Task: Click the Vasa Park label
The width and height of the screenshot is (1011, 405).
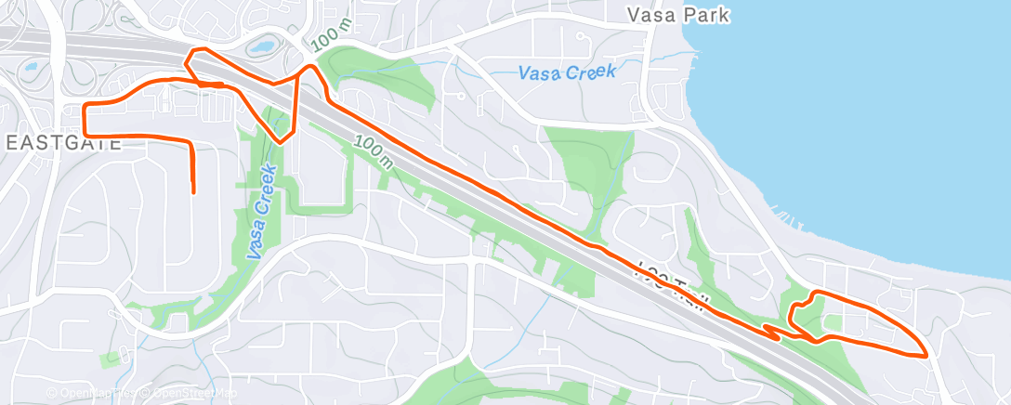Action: (x=677, y=15)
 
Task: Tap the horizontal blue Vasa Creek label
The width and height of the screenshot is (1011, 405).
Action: (x=566, y=72)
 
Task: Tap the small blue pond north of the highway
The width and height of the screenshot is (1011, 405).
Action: (x=262, y=45)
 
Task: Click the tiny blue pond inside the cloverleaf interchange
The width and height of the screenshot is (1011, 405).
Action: (x=31, y=68)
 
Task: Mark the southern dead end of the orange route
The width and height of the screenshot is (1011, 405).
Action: (x=193, y=192)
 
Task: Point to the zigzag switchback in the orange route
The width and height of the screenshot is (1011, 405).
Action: (x=772, y=331)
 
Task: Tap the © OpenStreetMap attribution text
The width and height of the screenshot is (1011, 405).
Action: (x=191, y=393)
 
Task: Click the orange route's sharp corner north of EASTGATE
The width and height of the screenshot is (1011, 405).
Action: (x=85, y=108)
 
